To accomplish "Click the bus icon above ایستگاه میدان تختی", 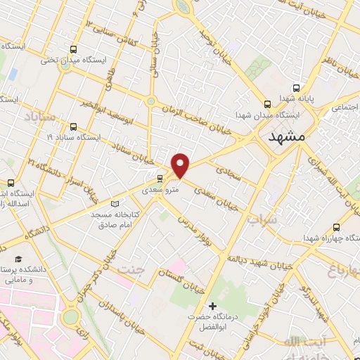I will point(73,49).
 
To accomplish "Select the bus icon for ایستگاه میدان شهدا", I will point(267,104).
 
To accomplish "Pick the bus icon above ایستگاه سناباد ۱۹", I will point(73,126).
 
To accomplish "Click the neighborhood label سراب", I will point(262,219).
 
